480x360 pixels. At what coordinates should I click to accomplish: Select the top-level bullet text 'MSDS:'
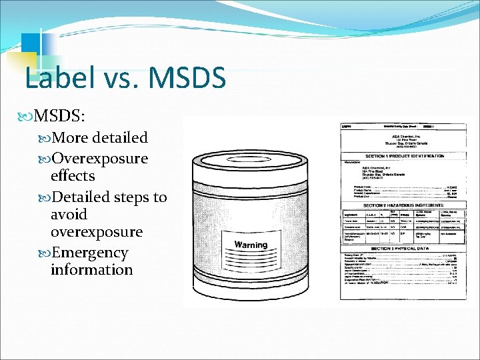pyautogui.click(x=59, y=115)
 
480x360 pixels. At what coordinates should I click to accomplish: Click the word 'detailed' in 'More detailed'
pyautogui.click(x=121, y=138)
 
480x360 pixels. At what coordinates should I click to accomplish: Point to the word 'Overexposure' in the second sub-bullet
pyautogui.click(x=99, y=159)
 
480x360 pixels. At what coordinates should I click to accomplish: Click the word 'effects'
pyautogui.click(x=73, y=176)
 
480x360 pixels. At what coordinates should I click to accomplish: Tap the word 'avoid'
pyautogui.click(x=69, y=215)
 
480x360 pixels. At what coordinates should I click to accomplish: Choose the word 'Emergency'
pyautogui.click(x=89, y=253)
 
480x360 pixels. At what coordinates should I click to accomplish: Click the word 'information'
pyautogui.click(x=91, y=270)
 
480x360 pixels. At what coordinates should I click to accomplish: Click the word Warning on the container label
pyautogui.click(x=250, y=245)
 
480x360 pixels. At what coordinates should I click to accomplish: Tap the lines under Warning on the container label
pyautogui.click(x=250, y=259)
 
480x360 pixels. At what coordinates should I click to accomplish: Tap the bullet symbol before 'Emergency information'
pyautogui.click(x=45, y=253)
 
